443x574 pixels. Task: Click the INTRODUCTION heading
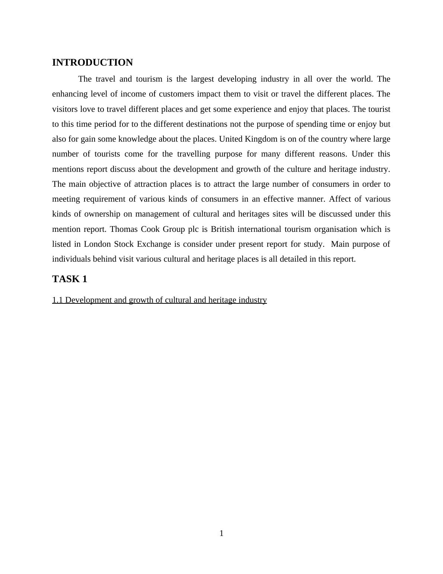[x=92, y=63]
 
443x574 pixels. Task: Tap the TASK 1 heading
[x=70, y=279]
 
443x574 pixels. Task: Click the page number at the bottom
[x=221, y=533]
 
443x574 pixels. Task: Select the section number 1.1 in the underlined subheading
[x=58, y=300]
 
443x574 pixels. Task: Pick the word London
[x=97, y=244]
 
